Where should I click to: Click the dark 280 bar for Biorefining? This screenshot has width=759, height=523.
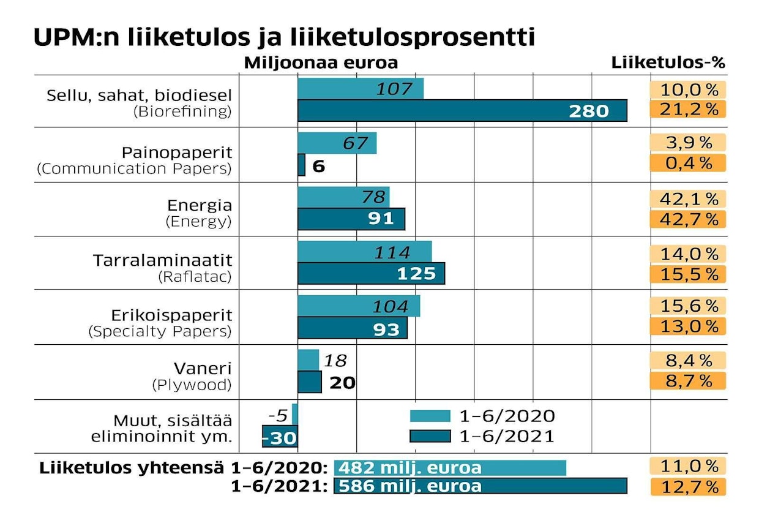462,110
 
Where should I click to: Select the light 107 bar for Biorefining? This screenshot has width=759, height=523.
361,89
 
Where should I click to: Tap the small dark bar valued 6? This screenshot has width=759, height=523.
301,165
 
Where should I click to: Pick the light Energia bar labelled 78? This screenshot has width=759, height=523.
343,197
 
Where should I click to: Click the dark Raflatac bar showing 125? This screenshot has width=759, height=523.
371,273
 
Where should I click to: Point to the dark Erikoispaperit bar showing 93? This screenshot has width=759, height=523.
352,328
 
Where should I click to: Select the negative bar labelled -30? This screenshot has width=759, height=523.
280,437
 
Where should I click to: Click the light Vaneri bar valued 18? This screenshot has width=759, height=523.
308,359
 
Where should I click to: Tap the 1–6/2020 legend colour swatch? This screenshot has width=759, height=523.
429,416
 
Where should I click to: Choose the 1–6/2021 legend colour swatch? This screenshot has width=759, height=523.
429,436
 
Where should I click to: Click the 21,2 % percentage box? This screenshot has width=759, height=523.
687,110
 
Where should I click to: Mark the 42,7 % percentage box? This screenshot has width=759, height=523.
687,219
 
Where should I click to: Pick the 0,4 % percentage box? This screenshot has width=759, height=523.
687,164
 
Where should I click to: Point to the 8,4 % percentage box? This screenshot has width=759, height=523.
687,360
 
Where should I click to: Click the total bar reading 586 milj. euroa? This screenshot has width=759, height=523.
480,486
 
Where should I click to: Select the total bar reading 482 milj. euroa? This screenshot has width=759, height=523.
450,468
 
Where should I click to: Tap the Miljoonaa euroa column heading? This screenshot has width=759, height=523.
321,63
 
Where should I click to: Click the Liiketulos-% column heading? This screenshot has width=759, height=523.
668,63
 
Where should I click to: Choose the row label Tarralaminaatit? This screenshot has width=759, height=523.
163,260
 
